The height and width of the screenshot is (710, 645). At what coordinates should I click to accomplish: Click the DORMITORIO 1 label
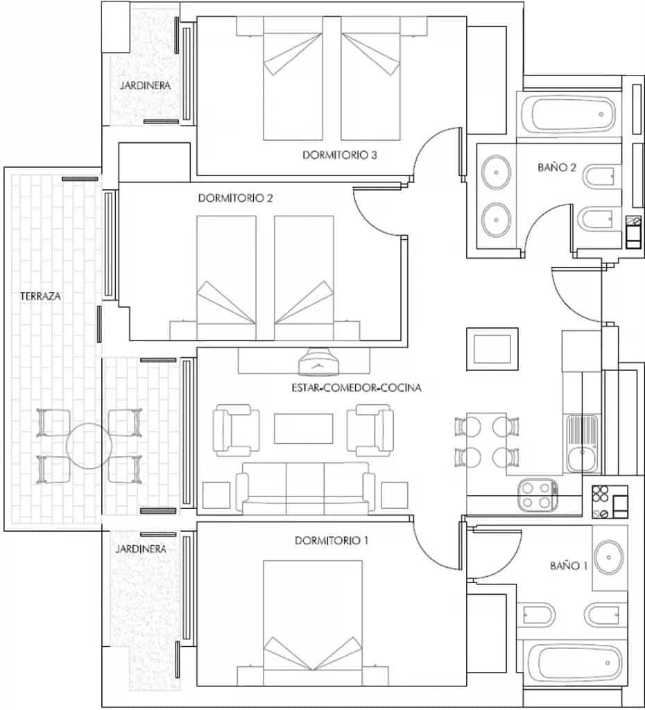coord(331,540)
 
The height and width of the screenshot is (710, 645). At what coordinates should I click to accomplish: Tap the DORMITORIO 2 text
coord(235,198)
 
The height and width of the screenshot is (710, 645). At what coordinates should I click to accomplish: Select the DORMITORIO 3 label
coord(339,155)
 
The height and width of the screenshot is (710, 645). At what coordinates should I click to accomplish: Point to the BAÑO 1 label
coord(569,566)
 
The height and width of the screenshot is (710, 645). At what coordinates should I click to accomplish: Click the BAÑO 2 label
coord(557,167)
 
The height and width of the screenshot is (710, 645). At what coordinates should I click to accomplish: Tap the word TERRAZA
coord(41,296)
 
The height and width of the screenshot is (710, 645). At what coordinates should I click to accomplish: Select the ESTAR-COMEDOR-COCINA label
coord(356,388)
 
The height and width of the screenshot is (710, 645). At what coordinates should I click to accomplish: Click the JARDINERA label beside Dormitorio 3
coord(145,85)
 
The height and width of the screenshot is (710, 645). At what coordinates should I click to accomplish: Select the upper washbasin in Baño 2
coord(497,172)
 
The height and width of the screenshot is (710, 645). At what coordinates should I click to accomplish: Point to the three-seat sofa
coord(305,488)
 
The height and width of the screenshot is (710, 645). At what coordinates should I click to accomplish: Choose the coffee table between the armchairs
coord(304,428)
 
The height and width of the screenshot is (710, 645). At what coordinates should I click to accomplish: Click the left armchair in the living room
coord(234,430)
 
